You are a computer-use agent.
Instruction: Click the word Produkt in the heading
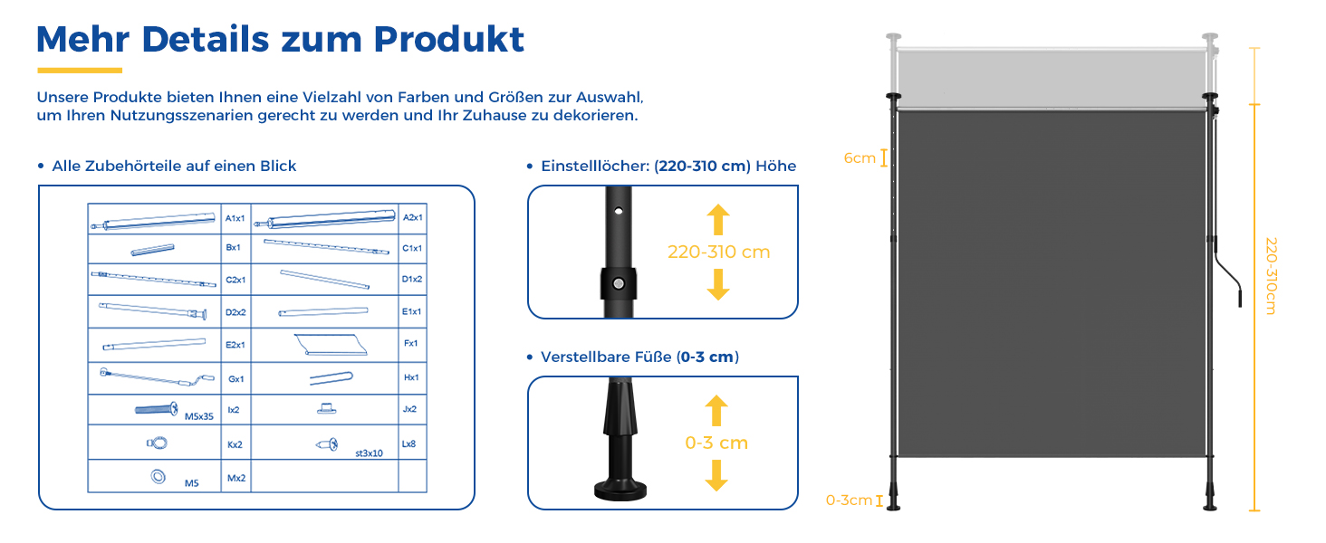[448, 40]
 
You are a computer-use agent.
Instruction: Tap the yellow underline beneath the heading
[80, 71]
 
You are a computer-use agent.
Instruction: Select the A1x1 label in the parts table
[235, 218]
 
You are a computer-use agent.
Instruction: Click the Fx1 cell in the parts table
[411, 343]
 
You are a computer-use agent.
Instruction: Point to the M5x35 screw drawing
[157, 409]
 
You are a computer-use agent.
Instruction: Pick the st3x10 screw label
[369, 453]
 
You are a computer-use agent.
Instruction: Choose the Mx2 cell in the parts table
[236, 478]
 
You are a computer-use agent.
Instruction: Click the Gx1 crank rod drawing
[157, 377]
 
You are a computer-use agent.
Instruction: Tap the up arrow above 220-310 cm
[718, 219]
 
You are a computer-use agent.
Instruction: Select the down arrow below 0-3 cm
[716, 475]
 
